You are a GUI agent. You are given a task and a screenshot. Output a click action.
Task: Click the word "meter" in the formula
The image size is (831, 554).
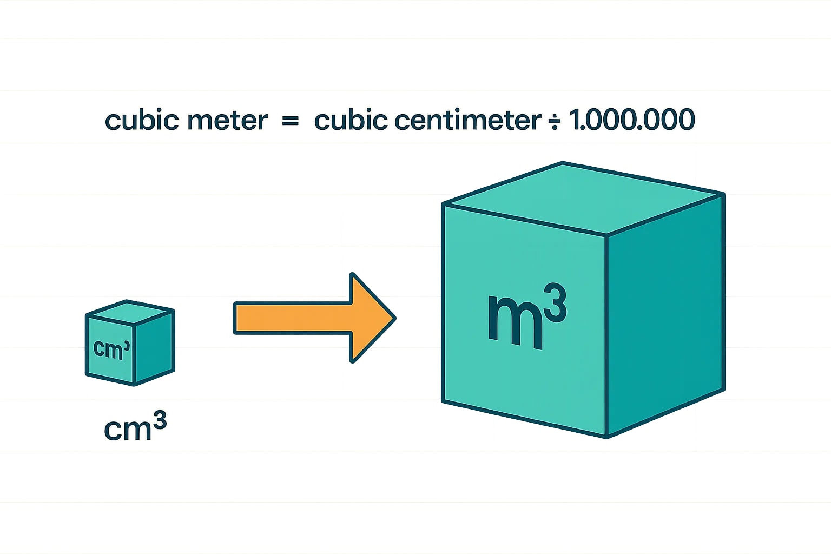click(227, 120)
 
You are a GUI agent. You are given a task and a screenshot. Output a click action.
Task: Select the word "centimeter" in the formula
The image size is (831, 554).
click(468, 120)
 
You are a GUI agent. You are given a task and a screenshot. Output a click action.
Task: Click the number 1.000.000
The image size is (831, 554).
click(632, 120)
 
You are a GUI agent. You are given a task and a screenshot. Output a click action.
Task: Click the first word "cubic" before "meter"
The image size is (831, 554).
click(140, 120)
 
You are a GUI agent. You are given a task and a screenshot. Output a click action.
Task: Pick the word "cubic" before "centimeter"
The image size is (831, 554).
click(350, 120)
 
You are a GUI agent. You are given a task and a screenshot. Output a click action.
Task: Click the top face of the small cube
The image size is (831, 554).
click(130, 312)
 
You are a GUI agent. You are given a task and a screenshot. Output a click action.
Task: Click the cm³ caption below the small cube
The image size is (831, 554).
click(135, 427)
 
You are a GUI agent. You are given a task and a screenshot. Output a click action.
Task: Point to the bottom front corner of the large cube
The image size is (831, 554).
click(606, 436)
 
